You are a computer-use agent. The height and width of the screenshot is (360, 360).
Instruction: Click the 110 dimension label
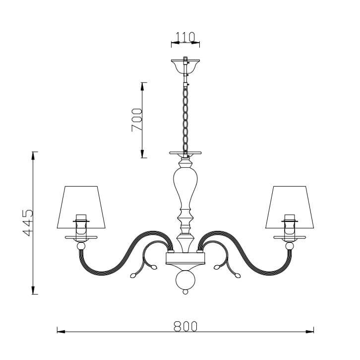pos(185,37)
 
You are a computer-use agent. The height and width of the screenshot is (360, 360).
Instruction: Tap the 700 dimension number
pos(136,120)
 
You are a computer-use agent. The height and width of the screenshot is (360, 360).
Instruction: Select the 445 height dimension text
pos(28,223)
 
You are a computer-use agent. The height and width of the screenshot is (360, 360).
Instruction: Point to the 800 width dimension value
pos(185,326)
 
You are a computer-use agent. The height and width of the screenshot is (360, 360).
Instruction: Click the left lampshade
pos(81,207)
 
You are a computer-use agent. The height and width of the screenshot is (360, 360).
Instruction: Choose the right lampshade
pos(290,207)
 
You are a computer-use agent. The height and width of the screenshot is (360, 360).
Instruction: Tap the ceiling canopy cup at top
pos(185,66)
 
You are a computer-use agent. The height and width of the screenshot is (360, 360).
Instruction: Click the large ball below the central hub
pos(185,280)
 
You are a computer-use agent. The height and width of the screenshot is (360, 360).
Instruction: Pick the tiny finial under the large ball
pos(185,292)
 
